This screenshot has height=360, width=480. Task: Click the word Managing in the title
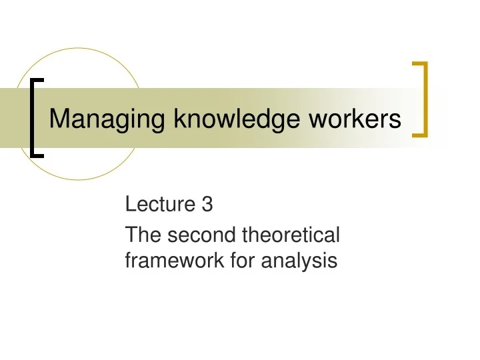tap(108, 119)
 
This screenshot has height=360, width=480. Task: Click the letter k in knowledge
tap(177, 119)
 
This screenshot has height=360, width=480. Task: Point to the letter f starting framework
tap(129, 261)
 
